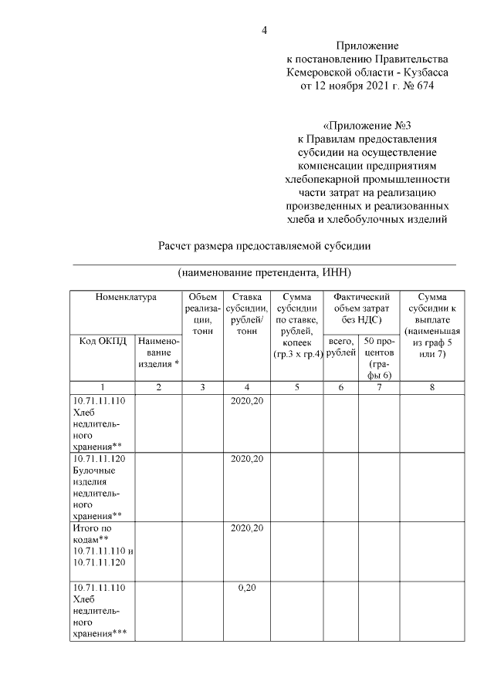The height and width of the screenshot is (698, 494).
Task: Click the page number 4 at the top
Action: coord(264,31)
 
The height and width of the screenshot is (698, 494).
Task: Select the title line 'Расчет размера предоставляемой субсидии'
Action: coord(265,247)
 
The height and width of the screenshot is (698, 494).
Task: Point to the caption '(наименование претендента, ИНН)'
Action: coord(265,273)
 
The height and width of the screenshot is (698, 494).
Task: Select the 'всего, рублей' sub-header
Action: coord(340,347)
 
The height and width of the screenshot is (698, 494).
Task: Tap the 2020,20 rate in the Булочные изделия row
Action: coord(247,459)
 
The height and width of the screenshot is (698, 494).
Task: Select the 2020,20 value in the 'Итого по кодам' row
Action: coord(247,528)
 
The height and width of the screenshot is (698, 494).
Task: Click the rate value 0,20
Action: coord(247,587)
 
